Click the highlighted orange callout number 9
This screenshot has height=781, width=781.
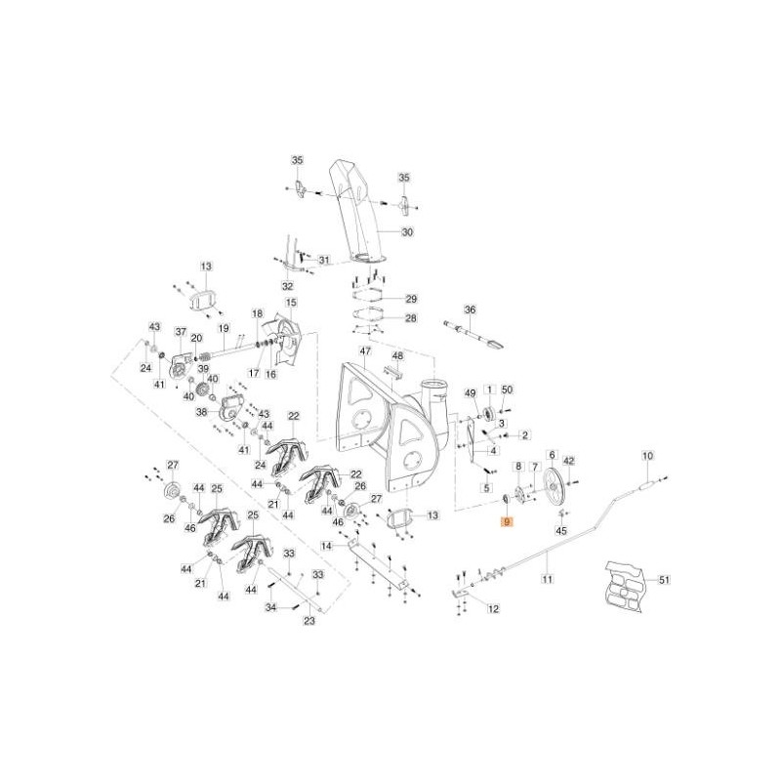point(506,522)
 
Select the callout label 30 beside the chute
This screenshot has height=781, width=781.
point(408,232)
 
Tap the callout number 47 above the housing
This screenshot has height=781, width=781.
point(365,351)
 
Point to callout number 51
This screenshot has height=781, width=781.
point(665,580)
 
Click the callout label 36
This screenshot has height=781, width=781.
point(470,309)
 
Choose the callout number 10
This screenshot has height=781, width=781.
point(646,456)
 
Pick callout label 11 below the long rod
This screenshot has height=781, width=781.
point(548,580)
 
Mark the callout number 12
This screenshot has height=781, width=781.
point(493,609)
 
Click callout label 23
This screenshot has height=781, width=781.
point(310,621)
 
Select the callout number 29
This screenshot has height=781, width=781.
point(411,299)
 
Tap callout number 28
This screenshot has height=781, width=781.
point(410,318)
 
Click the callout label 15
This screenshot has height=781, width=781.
point(291,304)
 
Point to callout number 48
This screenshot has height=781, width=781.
point(397,356)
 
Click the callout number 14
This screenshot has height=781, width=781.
point(327,546)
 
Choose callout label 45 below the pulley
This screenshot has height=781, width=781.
point(560,530)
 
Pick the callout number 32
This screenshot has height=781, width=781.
point(287,286)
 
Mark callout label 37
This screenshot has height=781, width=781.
point(181,332)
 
